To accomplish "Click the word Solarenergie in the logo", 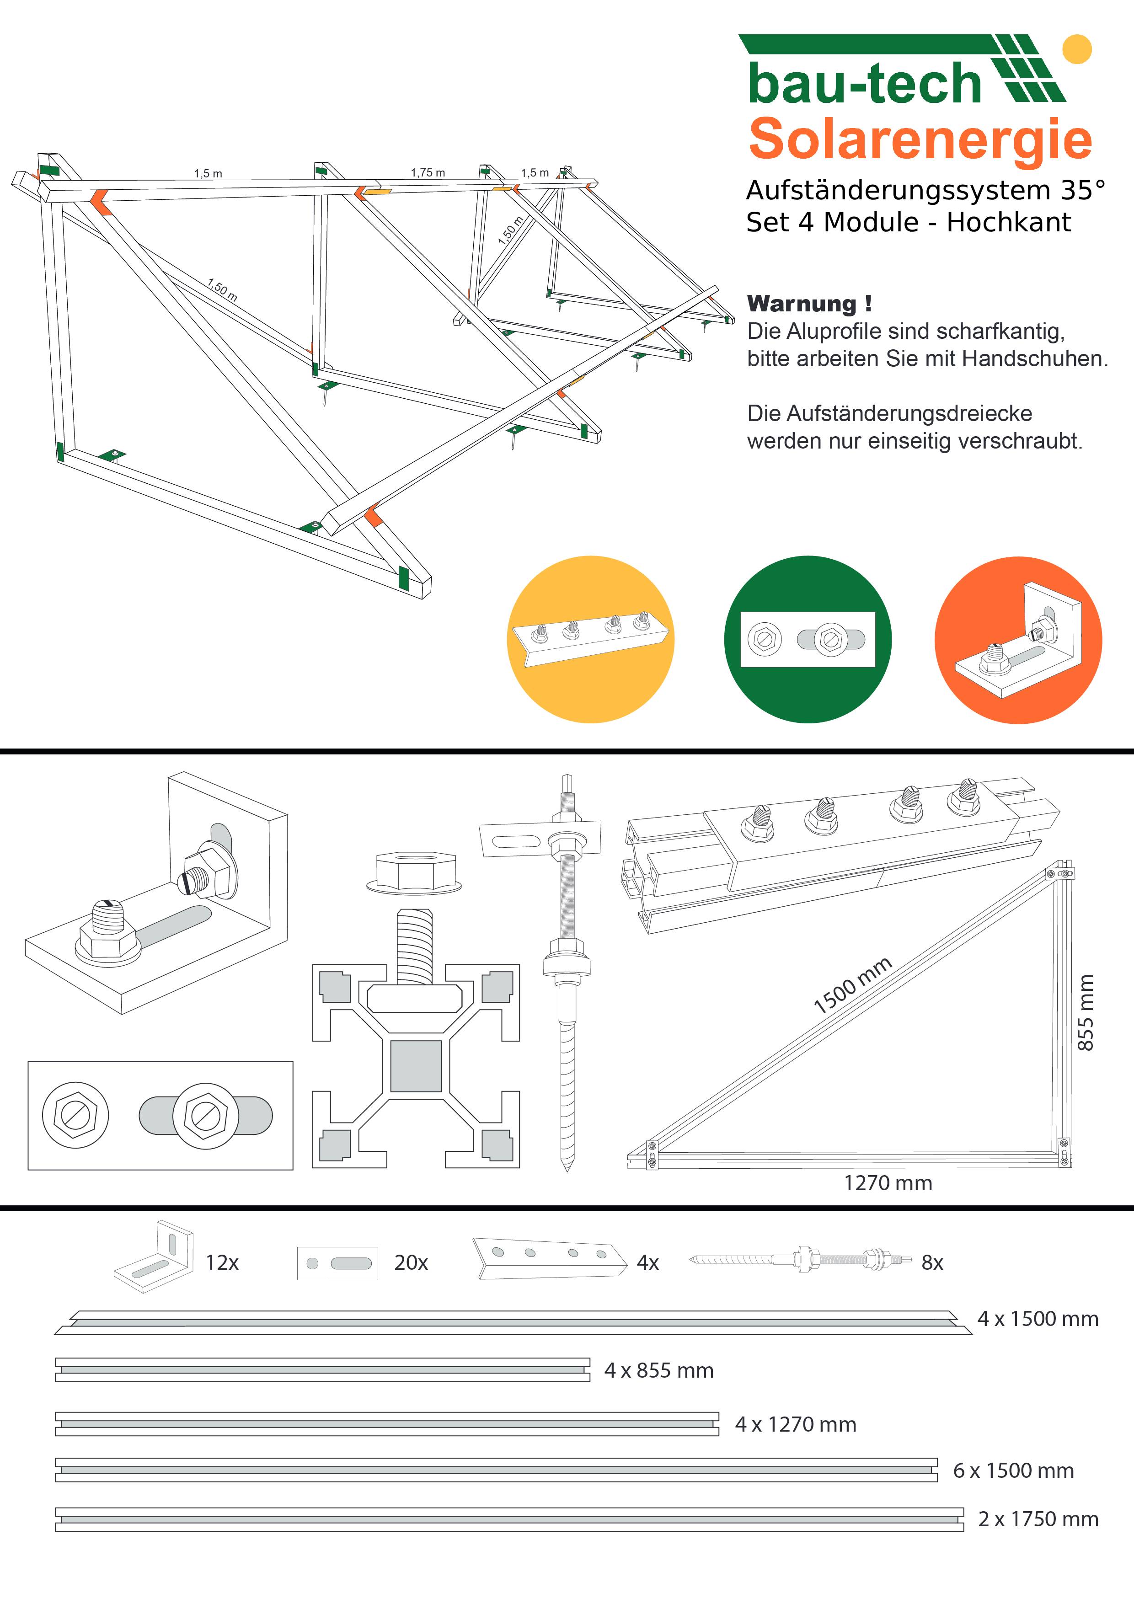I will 920,139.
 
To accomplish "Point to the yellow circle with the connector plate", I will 590,639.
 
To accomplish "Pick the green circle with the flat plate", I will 808,639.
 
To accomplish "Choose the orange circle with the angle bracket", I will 1018,639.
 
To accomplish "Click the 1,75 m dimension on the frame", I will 428,172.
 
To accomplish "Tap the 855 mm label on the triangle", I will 1085,1012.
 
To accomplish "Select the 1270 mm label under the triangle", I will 888,1183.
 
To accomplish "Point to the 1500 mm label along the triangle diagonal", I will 852,985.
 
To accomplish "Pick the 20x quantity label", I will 411,1262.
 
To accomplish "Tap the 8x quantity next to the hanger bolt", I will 932,1262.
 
